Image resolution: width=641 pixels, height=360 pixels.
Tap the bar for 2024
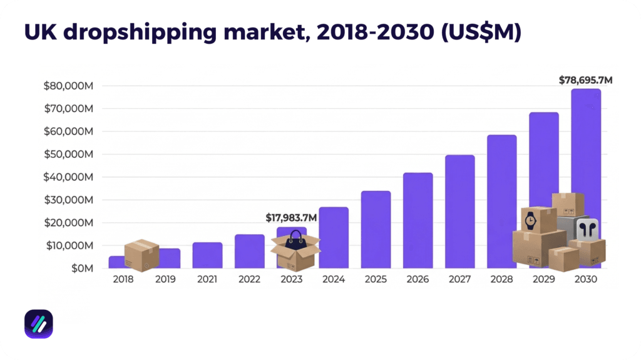click(x=334, y=237)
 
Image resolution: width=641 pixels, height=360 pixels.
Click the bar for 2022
click(x=249, y=251)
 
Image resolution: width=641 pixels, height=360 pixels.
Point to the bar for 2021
click(x=207, y=255)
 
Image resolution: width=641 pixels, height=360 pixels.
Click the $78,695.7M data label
click(x=585, y=80)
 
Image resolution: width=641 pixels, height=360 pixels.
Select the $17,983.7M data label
click(x=291, y=218)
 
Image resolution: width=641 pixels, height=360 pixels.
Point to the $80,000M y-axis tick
click(x=68, y=86)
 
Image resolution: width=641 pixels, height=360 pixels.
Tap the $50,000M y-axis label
click(x=68, y=154)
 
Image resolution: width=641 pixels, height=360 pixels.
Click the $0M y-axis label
click(x=80, y=268)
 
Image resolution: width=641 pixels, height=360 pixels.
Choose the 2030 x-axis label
click(x=585, y=279)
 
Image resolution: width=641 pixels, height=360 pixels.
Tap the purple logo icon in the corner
click(x=38, y=324)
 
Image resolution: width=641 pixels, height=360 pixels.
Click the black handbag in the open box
click(x=295, y=239)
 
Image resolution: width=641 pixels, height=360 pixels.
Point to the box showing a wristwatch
click(x=538, y=219)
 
